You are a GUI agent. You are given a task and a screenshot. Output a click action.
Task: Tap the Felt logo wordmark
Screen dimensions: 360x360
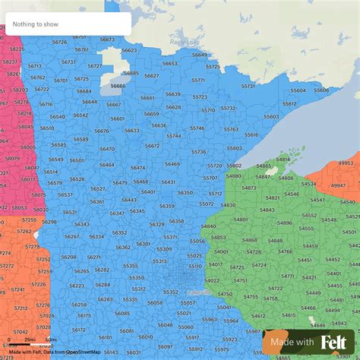tap(335, 343)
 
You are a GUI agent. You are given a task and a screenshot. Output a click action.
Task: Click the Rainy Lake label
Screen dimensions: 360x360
tap(184, 42)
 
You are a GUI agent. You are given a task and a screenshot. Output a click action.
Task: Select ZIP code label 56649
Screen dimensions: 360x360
tap(199, 55)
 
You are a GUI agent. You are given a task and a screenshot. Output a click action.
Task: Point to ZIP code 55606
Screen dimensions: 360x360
tap(322, 90)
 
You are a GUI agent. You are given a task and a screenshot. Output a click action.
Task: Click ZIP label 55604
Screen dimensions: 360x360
tap(298, 90)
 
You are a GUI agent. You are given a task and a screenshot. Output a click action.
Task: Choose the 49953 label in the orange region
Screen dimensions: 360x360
tap(346, 163)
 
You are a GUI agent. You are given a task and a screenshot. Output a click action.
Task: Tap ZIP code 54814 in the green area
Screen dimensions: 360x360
tap(283, 159)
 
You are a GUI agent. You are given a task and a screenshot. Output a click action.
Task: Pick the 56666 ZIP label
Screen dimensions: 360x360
tap(118, 86)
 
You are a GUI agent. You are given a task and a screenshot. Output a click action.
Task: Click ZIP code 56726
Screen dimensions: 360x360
tap(58, 42)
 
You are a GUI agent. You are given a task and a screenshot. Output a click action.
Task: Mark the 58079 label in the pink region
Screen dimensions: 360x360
tap(12, 158)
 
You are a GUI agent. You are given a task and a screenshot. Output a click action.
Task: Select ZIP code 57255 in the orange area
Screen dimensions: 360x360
tap(29, 219)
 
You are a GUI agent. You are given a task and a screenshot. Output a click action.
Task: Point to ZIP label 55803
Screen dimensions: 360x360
tap(234, 148)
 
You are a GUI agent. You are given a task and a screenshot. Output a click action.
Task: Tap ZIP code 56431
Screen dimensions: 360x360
tap(168, 182)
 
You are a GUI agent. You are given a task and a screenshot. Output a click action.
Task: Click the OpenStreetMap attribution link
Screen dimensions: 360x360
tap(83, 352)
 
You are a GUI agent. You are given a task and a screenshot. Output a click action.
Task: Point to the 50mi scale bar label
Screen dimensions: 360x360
tap(50, 339)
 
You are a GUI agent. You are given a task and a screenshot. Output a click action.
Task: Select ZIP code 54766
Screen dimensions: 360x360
tap(285, 251)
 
